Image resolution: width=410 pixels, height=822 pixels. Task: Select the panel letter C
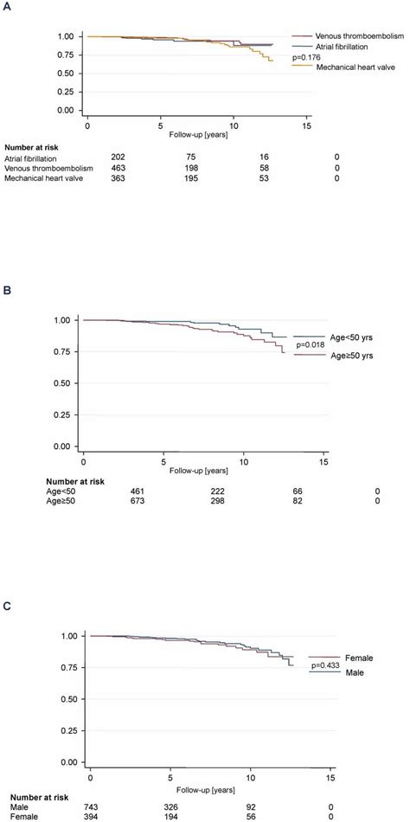coord(8,607)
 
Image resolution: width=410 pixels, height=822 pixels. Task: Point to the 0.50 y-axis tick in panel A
coord(66,73)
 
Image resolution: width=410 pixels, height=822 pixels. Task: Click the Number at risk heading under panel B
coord(38,478)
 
